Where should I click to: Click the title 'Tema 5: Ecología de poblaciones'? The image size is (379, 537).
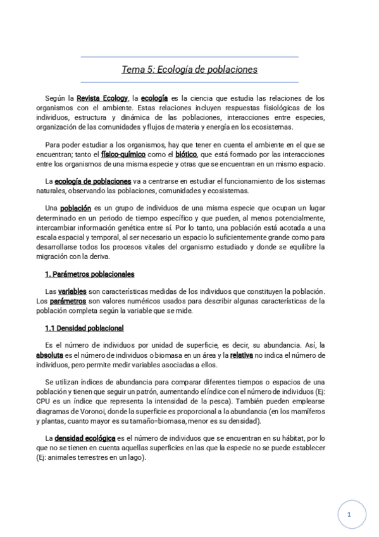[x=189, y=70]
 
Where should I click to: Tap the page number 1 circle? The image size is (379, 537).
[x=349, y=515]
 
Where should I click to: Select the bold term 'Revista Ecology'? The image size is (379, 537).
[x=101, y=98]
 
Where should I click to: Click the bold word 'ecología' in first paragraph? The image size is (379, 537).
[x=154, y=98]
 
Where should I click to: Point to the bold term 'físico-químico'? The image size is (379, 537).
[x=123, y=154]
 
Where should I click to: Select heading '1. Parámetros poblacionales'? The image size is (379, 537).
[x=89, y=274]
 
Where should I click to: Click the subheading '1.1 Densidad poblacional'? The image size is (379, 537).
[x=84, y=328]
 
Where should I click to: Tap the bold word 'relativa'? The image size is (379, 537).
[x=242, y=355]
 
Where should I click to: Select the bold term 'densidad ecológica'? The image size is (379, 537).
[x=84, y=437]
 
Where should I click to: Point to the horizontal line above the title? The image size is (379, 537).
[x=189, y=57]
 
